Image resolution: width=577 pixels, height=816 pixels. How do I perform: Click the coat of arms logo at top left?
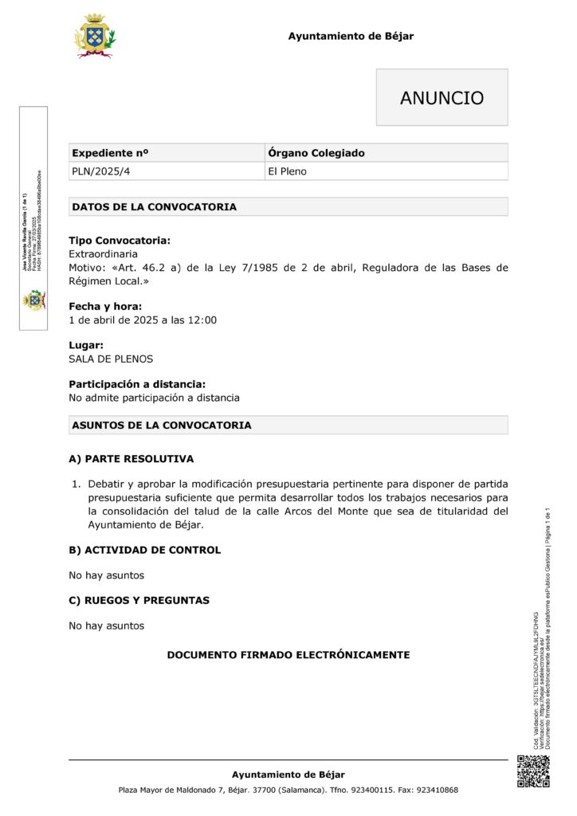pyautogui.click(x=94, y=36)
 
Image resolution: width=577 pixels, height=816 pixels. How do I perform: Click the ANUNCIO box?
pyautogui.click(x=442, y=97)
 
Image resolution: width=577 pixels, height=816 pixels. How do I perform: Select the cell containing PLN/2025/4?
pyautogui.click(x=94, y=171)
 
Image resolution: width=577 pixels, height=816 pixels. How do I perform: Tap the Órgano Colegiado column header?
pyautogui.click(x=316, y=153)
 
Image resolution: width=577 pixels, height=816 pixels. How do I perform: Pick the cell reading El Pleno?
pyautogui.click(x=288, y=171)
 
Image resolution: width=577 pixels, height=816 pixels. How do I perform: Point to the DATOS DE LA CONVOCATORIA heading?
pyautogui.click(x=154, y=207)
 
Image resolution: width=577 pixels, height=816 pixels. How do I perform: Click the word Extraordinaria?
pyautogui.click(x=103, y=254)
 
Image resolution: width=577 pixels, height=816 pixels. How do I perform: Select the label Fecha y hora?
pyautogui.click(x=105, y=306)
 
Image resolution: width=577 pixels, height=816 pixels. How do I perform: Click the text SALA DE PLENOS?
pyautogui.click(x=111, y=359)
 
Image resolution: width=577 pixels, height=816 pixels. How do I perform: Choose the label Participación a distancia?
pyautogui.click(x=137, y=384)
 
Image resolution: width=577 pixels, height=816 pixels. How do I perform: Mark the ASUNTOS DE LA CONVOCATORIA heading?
pyautogui.click(x=161, y=426)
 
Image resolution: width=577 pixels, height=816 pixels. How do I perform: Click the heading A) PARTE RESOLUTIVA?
pyautogui.click(x=131, y=459)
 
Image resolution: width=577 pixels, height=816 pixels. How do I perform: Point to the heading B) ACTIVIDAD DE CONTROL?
pyautogui.click(x=144, y=550)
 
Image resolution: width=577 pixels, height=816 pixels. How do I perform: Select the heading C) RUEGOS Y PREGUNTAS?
pyautogui.click(x=139, y=600)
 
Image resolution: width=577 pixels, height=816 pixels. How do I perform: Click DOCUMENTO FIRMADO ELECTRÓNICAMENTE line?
pyautogui.click(x=288, y=655)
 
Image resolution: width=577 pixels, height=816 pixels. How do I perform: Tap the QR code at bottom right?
pyautogui.click(x=533, y=772)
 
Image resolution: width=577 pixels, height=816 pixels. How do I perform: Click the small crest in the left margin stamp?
pyautogui.click(x=33, y=300)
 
